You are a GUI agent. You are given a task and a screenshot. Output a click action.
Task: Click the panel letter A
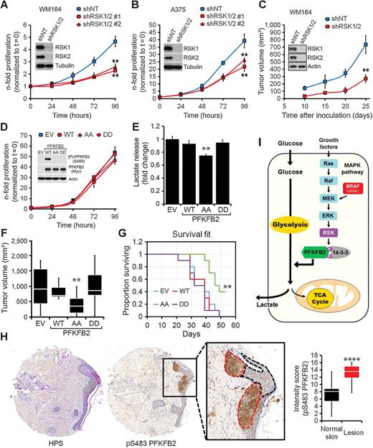coord(5,6)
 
